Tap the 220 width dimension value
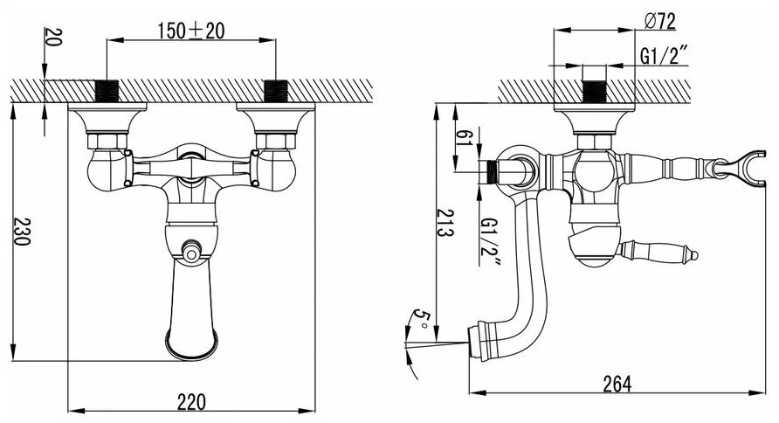click(191, 402)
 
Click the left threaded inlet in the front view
click(107, 91)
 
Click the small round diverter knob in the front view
click(191, 253)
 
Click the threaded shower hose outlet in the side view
click(492, 170)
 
